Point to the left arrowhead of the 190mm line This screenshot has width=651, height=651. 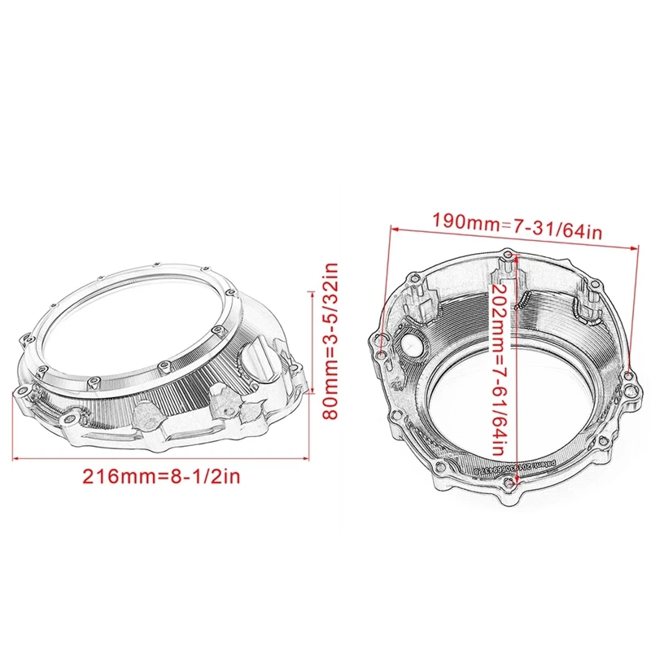point(393,230)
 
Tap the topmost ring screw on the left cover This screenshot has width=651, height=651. point(155,263)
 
